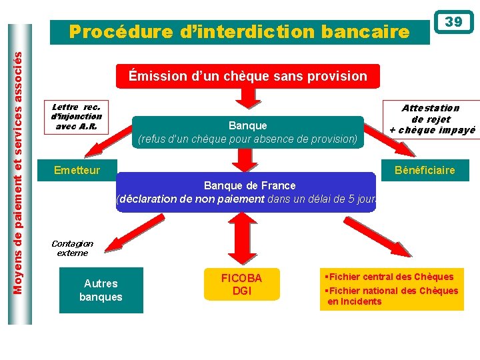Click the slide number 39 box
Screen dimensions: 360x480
coord(453,22)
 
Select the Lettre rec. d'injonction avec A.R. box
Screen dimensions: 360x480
coord(76,117)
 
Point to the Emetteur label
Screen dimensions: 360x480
coord(77,170)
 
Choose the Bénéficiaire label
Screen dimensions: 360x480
coord(425,170)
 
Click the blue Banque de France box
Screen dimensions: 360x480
coord(247,192)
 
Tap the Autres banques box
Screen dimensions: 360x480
coord(101,290)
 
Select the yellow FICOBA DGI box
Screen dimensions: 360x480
coord(241,285)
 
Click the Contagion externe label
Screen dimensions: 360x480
coord(72,248)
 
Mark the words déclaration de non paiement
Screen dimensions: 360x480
coord(191,199)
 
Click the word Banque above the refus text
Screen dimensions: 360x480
coord(247,125)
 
